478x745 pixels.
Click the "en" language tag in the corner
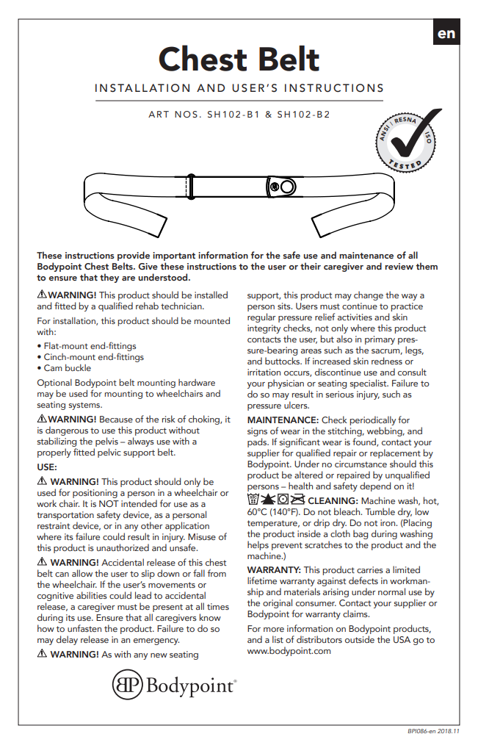446,33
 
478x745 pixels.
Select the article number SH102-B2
303,115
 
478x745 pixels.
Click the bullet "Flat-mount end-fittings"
89,345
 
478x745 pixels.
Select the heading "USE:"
47,467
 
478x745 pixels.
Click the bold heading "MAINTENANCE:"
283,420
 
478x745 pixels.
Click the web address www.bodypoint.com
289,650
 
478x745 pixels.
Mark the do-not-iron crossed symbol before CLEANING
297,500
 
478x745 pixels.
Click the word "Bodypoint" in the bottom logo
191,686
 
